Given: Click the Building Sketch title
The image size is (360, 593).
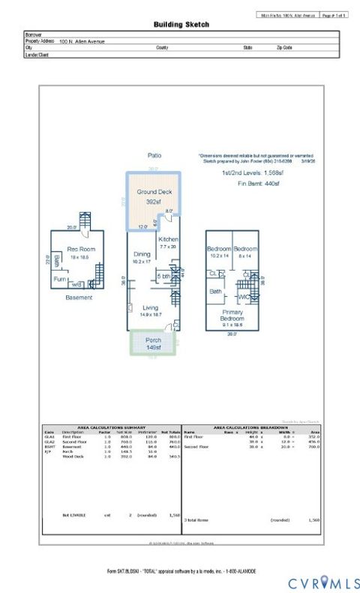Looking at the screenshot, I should tap(181, 24).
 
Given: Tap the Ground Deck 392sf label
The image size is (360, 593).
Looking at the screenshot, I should tap(154, 196).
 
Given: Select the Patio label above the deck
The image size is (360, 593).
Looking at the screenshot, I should tap(154, 155).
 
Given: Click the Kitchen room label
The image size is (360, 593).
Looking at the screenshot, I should tap(168, 239).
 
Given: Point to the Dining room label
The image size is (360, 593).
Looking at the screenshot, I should tap(142, 255).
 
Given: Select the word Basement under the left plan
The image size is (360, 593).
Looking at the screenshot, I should tap(79, 298).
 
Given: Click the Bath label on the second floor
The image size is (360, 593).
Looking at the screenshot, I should tap(216, 292).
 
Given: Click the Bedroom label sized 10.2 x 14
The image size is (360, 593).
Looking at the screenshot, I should tap(219, 248).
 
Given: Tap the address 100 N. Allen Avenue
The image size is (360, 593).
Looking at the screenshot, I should tap(84, 41).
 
